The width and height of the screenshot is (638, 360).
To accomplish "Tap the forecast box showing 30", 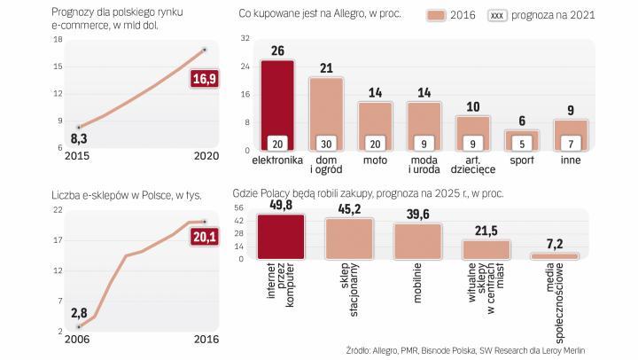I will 326,144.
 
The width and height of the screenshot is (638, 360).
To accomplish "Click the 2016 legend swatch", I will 437,16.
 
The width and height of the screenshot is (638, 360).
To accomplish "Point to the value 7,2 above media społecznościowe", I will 555,242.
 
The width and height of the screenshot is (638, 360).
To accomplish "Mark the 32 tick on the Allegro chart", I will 245,39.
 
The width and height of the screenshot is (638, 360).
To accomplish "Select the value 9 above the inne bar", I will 571,111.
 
